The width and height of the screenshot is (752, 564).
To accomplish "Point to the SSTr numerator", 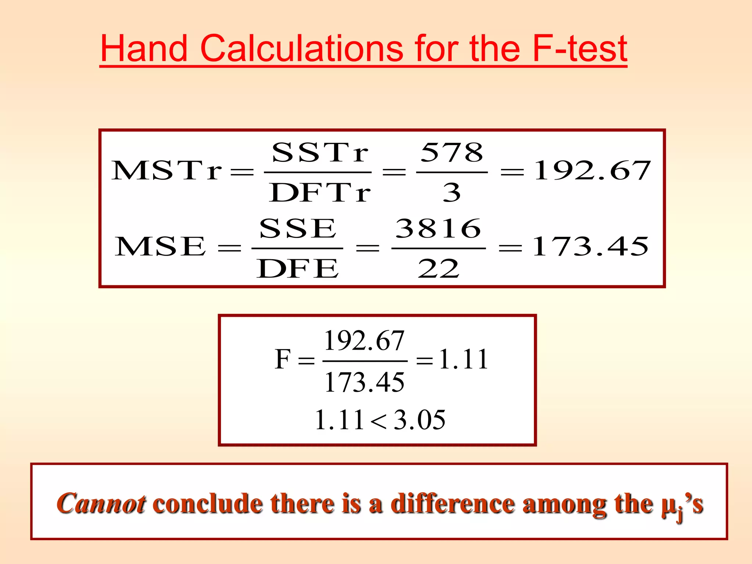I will tap(319, 152).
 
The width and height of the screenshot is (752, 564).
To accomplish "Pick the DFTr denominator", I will tap(319, 192).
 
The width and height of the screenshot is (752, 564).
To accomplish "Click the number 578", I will tap(452, 152).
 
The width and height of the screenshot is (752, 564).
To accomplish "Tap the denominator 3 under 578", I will tap(452, 192).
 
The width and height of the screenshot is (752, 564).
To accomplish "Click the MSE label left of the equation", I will tap(160, 246).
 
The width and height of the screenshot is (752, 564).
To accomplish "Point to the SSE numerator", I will tap(297, 228).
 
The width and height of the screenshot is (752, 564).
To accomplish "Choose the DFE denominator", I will tap(297, 268).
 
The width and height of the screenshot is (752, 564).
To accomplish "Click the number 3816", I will tap(438, 228).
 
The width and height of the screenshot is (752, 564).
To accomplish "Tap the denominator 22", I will tap(438, 268).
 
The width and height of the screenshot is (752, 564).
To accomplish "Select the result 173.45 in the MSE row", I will tap(590, 246).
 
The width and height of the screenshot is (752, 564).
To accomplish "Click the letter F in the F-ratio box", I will tap(283, 359).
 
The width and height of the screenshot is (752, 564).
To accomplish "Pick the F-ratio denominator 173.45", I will tap(364, 382).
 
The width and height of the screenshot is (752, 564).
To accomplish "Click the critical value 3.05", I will tap(419, 420).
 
